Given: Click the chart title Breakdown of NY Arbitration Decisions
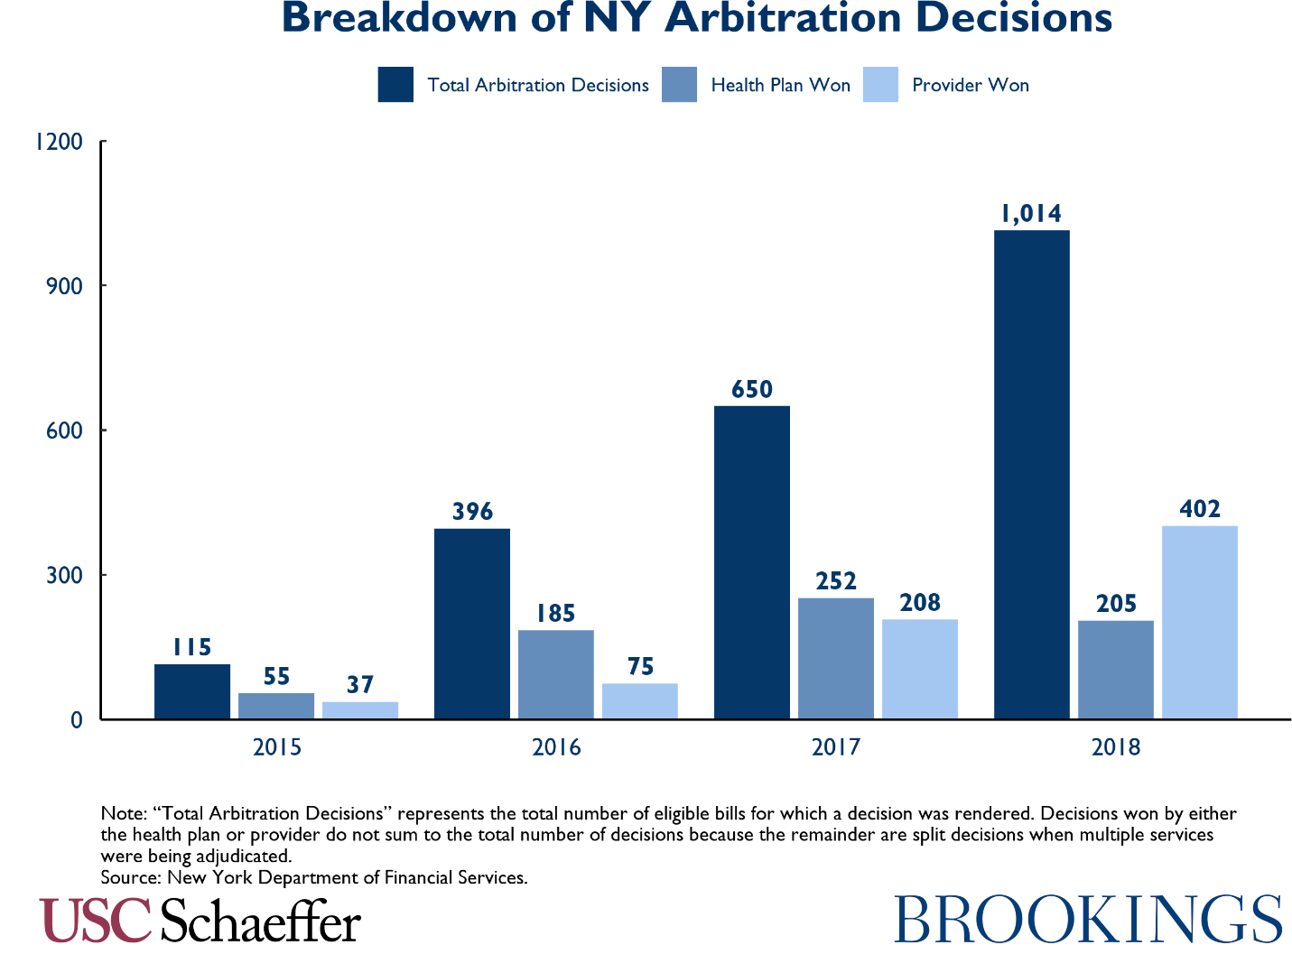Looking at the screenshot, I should [696, 19].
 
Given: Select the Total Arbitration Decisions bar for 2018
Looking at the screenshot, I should [1031, 475].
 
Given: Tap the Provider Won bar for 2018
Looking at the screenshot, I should [1199, 622].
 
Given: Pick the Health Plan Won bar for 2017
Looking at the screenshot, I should [835, 658].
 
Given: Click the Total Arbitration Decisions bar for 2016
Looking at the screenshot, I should [471, 624].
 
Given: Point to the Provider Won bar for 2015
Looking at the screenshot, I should [359, 710].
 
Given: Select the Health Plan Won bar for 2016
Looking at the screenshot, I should [555, 674].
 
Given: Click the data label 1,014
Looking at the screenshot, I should [1031, 214].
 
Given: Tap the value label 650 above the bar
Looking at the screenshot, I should [751, 390].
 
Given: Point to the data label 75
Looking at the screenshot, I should [639, 667].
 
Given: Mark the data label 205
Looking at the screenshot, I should [1116, 604].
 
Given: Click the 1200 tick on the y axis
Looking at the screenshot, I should [59, 142].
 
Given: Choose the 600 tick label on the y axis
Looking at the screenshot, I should [65, 431].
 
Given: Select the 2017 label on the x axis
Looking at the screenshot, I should [836, 747].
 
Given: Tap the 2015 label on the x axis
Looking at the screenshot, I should [277, 747].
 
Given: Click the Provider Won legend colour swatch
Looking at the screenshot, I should [880, 85].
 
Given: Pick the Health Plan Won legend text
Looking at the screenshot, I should [780, 85].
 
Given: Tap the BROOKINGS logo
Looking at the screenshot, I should [1087, 920].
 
